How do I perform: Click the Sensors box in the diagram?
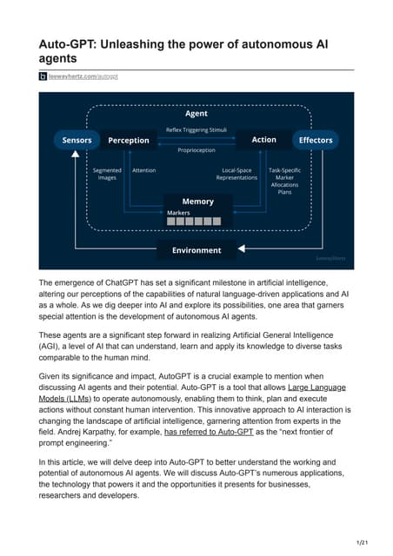[77, 140]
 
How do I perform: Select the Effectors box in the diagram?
[315, 140]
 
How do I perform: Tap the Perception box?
[128, 140]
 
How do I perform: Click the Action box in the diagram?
[263, 140]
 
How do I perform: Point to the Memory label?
[197, 202]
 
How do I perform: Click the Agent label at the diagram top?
[196, 114]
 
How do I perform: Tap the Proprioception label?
[196, 150]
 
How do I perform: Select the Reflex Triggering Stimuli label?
[196, 129]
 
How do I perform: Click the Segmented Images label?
[107, 174]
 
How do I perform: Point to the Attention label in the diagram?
[143, 170]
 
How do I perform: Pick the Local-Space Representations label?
[236, 174]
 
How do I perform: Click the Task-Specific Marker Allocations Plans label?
[285, 181]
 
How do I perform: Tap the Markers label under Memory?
[178, 213]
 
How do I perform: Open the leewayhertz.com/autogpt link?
[83, 76]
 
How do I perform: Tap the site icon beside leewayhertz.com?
[43, 76]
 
